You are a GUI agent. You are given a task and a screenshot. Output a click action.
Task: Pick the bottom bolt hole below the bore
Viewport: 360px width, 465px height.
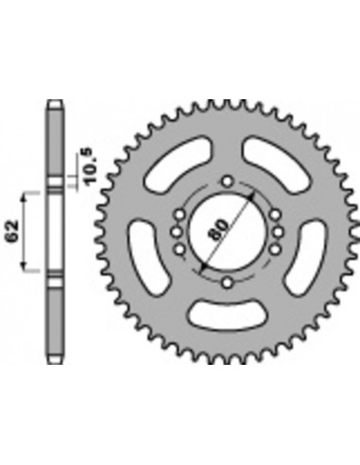pyautogui.click(x=226, y=282)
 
